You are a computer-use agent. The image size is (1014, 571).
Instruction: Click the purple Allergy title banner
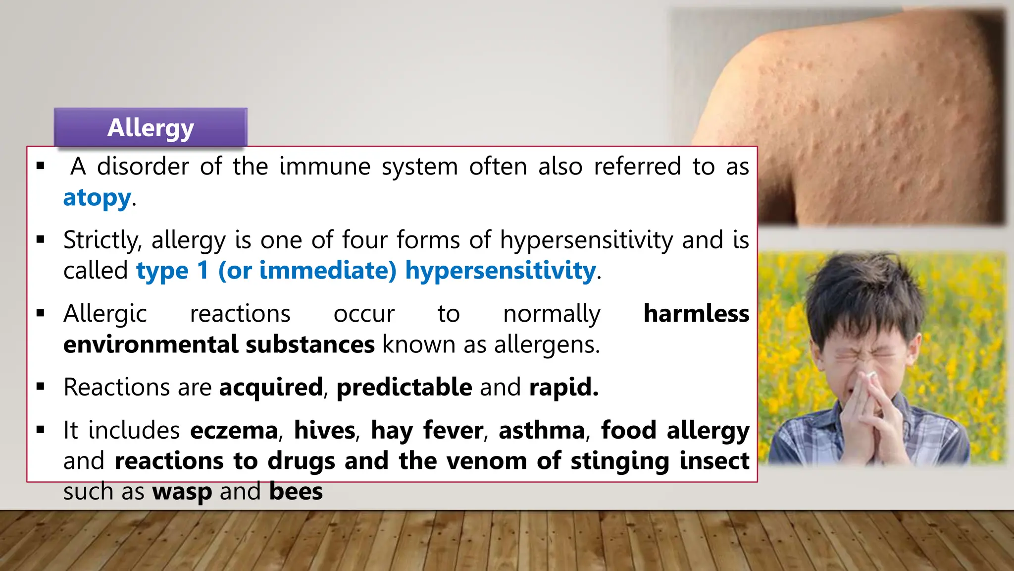[151, 127]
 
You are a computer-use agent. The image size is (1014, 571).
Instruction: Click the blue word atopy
[97, 198]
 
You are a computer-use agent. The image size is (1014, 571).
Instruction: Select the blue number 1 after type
[203, 271]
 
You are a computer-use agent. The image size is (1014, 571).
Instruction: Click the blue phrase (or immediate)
[307, 271]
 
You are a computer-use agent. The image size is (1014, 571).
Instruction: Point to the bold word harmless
[696, 314]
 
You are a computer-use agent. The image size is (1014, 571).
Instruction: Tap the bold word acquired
[271, 387]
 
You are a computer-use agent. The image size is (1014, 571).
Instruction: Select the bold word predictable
[404, 387]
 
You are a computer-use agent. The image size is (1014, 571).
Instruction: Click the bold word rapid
[563, 387]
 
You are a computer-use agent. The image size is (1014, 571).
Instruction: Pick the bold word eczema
[234, 430]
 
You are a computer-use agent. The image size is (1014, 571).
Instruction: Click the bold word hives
[324, 430]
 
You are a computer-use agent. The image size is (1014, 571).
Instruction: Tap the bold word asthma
[542, 430]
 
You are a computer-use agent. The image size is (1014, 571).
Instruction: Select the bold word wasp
[182, 492]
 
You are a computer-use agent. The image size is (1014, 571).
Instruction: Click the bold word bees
[296, 492]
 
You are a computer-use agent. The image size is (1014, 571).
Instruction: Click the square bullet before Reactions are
[41, 387]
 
